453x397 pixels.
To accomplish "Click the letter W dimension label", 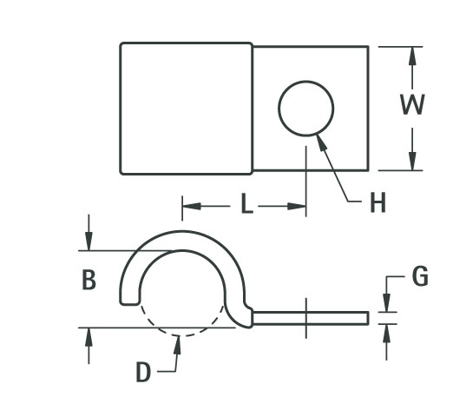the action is tap(412, 104).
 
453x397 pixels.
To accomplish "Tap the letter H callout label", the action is tap(377, 202).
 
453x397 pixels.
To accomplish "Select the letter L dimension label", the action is tap(246, 204).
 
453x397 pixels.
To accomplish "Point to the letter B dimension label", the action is tap(89, 280).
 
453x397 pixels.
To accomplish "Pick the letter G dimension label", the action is tap(420, 276).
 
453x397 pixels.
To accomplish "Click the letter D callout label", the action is tap(143, 372).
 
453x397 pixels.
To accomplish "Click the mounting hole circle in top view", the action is tap(306, 81).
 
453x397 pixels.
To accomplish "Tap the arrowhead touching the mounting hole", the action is tap(321, 142).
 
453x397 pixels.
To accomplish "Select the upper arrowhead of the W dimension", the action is tap(413, 56).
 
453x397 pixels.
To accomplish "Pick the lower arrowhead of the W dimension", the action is tap(413, 161).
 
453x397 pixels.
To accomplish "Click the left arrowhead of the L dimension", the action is tap(192, 207).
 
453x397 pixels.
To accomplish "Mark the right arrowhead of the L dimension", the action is tap(297, 207).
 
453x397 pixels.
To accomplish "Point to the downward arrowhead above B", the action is tap(89, 241).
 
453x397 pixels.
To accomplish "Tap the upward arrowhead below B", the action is tap(89, 337).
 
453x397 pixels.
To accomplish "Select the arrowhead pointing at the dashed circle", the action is tap(178, 345).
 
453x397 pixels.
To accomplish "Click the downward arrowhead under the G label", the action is tap(386, 303).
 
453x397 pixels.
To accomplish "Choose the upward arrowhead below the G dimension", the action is tap(386, 334).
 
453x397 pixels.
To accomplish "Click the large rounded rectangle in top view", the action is tap(187, 109).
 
